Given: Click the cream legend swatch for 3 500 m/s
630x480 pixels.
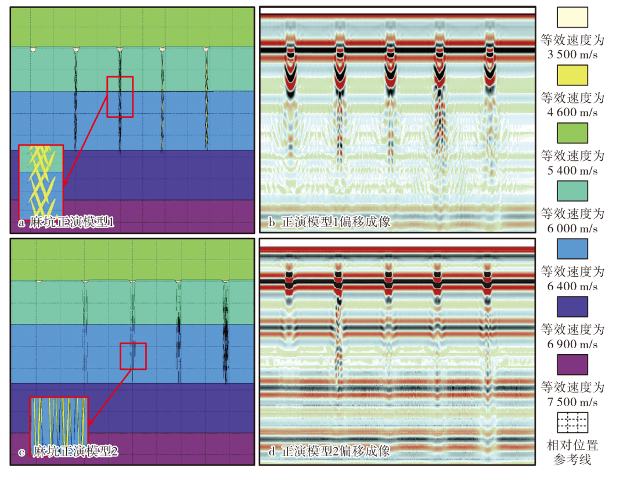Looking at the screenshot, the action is (572, 17).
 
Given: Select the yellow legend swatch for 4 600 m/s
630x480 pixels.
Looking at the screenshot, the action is (572, 75).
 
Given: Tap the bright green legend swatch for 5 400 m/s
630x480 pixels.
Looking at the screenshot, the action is (572, 133).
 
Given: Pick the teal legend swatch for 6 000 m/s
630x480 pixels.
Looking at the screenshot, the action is (572, 191).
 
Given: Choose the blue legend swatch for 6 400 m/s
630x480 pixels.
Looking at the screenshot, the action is (572, 248).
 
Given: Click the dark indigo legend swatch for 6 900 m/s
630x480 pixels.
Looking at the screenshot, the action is (572, 306).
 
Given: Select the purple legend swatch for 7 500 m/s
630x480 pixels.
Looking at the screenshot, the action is (572, 364).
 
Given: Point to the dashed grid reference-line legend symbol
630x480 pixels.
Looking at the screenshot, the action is (572, 423).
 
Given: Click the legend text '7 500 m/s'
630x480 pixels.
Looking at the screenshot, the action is (572, 402).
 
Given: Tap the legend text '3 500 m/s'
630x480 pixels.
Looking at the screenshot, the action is (572, 55).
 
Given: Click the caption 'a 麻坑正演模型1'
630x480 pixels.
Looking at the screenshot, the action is (66, 222).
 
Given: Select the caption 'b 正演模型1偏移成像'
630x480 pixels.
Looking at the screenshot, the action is (329, 222).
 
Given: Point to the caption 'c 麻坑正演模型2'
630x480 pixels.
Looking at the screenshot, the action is (69, 452).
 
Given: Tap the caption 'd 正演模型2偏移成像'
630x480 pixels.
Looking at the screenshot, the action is (329, 451).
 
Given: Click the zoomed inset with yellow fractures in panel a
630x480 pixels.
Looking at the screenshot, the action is (41, 182).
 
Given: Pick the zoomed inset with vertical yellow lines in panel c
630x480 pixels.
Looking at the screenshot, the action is (59, 422).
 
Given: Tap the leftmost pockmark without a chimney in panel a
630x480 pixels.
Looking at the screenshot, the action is (33, 49).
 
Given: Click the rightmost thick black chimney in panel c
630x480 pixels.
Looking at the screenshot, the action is (225, 333).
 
